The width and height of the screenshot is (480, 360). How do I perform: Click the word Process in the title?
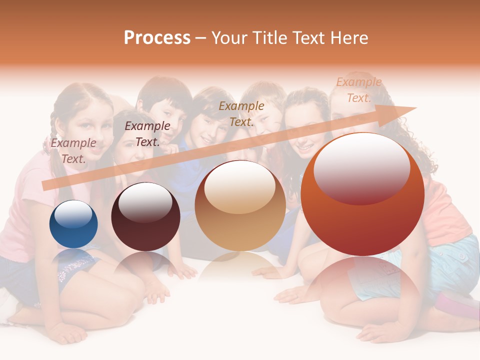click(x=157, y=37)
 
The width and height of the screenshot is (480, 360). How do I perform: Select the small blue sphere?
click(x=73, y=224)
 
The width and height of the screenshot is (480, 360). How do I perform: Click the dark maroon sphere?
click(x=145, y=217)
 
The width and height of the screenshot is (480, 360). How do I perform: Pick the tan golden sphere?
click(x=240, y=206)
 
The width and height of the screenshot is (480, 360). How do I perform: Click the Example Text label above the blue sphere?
click(x=73, y=151)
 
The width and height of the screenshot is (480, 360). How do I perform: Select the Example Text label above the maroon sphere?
click(x=147, y=134)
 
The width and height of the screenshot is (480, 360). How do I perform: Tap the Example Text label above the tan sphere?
click(x=241, y=113)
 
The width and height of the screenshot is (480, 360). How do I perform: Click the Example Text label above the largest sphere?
click(x=358, y=90)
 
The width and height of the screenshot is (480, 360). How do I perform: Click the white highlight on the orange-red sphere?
click(x=361, y=167)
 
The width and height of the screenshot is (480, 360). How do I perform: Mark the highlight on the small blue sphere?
click(x=73, y=214)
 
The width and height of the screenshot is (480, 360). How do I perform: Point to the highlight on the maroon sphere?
click(x=145, y=201)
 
